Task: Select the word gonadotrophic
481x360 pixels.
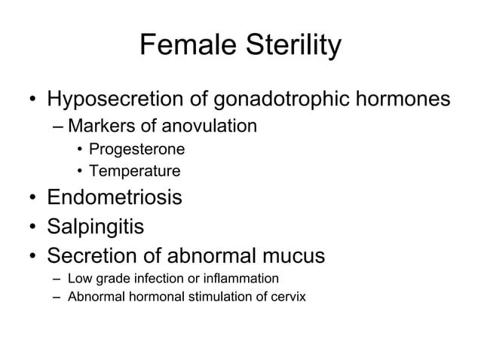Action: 279,100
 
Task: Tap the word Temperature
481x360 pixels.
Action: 134,172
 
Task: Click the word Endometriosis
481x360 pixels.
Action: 115,198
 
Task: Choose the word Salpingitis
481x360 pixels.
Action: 95,227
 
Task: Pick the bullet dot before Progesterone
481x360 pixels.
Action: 79,149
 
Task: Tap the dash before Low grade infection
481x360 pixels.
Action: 57,279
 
